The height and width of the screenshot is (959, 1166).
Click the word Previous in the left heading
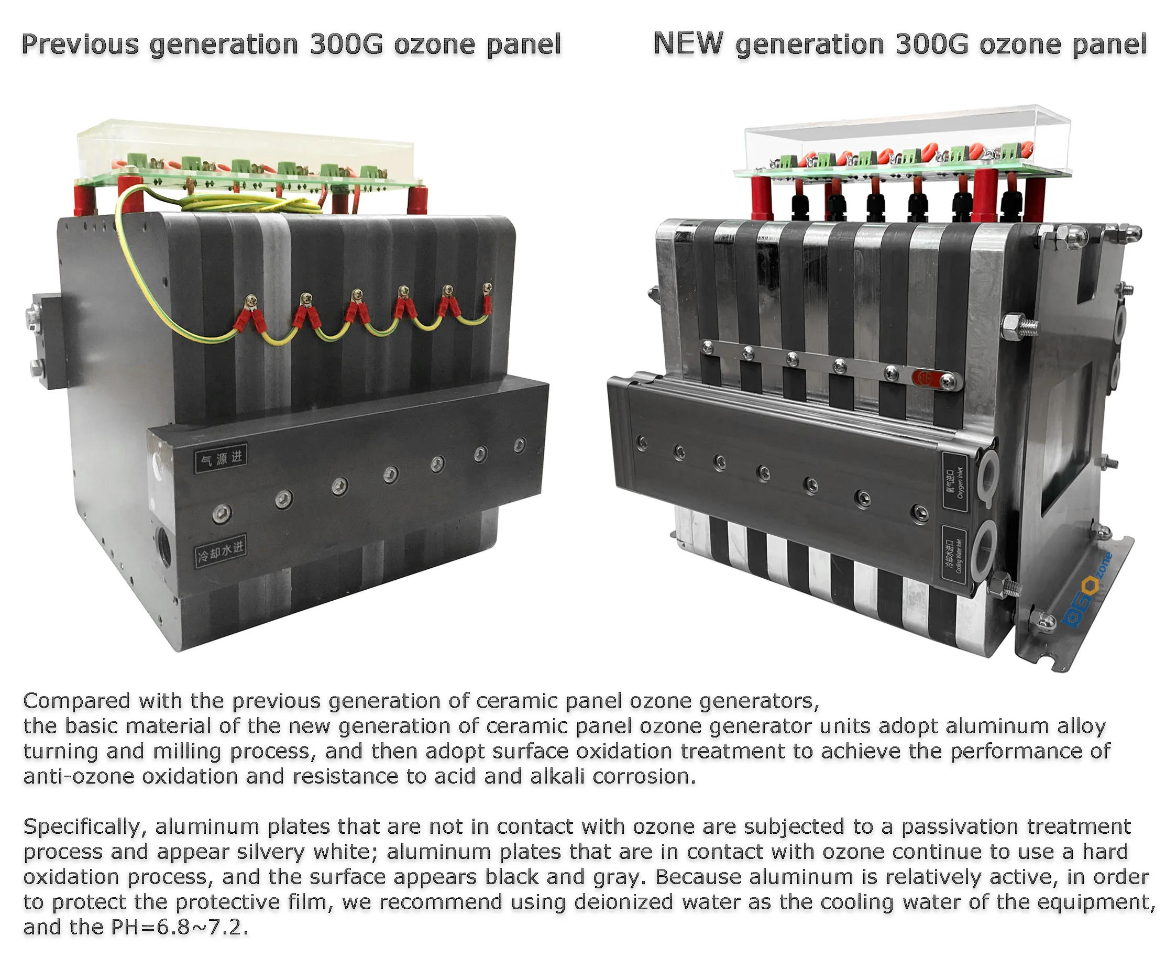(x=80, y=45)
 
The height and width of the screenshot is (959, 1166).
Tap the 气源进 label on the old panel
(x=221, y=458)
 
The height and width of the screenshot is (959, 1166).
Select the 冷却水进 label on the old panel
(x=221, y=551)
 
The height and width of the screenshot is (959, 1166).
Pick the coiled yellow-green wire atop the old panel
(x=251, y=204)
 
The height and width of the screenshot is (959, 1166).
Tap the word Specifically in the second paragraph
(x=84, y=827)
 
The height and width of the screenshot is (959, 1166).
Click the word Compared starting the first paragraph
(x=76, y=701)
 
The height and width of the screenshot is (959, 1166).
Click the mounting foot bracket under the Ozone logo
(x=1072, y=630)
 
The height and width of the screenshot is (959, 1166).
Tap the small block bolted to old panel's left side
(x=47, y=340)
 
